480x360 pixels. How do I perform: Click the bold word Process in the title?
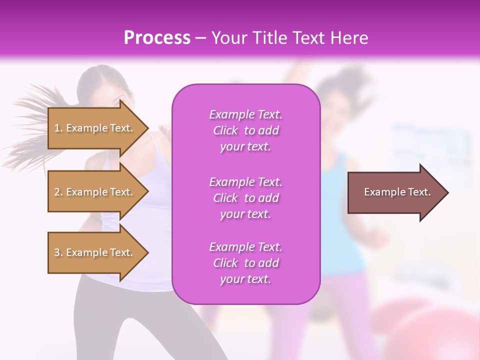[157, 38]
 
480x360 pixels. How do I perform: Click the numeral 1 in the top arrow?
[57, 128]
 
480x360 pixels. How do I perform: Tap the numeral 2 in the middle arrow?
[57, 192]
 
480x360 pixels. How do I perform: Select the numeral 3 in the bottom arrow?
[57, 252]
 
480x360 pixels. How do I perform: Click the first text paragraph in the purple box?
[245, 130]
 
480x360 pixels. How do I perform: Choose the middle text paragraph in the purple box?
[245, 198]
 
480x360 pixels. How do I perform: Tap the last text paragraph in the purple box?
[245, 263]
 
